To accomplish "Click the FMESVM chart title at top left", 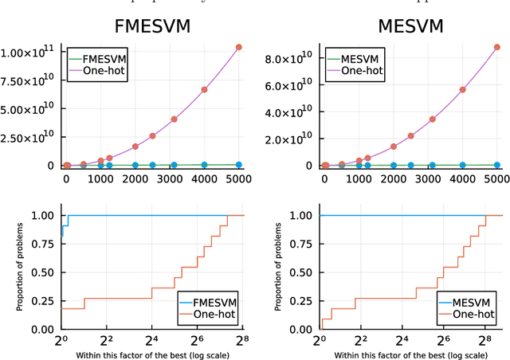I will pyautogui.click(x=153, y=26).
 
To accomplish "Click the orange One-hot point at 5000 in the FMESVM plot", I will pyautogui.click(x=239, y=47).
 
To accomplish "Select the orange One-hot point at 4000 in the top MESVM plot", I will pyautogui.click(x=462, y=90).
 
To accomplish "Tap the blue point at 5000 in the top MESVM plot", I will pyautogui.click(x=497, y=165).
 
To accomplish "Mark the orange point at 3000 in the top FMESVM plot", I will pyautogui.click(x=174, y=119).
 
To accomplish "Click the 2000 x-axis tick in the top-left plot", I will pyautogui.click(x=135, y=180).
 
